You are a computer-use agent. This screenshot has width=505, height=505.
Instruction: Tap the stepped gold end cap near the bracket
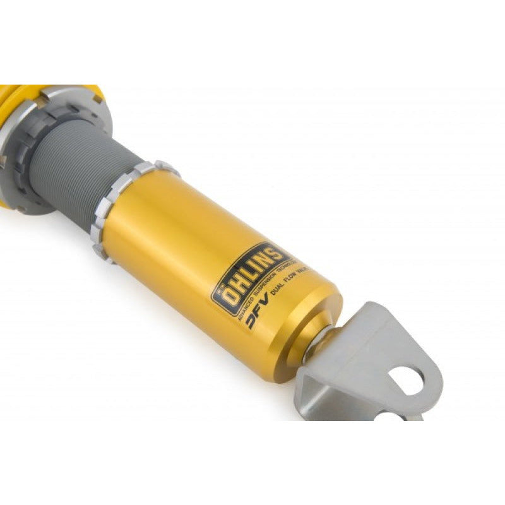tap(316, 328)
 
